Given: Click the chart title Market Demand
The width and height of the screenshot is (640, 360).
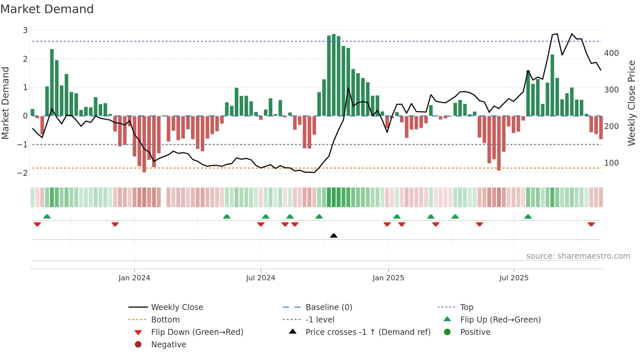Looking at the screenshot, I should point(47,9).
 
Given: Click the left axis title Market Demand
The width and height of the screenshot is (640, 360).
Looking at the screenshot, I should point(5,103).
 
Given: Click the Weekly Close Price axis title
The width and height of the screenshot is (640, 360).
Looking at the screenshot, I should point(632,103).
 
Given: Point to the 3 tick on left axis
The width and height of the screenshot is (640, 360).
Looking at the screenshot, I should point(25,30).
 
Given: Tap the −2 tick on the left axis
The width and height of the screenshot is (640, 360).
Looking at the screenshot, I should point(23,173).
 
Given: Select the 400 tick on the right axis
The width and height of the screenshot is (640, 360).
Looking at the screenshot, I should point(611,53).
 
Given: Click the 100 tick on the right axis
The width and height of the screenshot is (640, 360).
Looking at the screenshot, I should point(611,163).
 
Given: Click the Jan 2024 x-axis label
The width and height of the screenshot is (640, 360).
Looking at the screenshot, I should point(134,278).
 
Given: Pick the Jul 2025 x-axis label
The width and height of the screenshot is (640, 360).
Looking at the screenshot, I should point(514,278).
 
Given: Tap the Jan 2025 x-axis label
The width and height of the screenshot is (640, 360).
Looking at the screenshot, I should point(388,278).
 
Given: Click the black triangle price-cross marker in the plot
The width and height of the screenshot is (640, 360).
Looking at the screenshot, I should point(334,236).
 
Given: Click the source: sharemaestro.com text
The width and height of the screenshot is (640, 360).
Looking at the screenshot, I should point(578,256).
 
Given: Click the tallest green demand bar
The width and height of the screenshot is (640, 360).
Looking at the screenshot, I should point(334,75).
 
